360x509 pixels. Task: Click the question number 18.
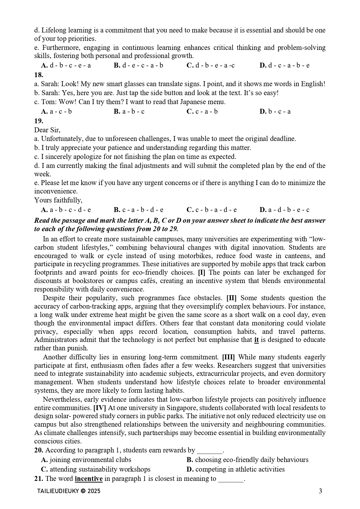click(39, 75)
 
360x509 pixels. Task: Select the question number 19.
click(39, 121)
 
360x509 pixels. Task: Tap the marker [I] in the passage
click(201, 273)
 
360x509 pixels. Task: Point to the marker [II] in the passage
click(231, 298)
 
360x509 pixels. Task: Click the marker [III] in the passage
click(228, 357)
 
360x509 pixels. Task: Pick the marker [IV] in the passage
click(100, 408)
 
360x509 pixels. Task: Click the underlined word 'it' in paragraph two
click(256, 340)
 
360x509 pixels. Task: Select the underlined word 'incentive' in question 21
click(88, 479)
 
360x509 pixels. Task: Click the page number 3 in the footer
click(320, 491)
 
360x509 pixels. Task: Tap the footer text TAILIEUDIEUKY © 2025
click(69, 491)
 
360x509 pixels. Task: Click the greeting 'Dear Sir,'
click(47, 130)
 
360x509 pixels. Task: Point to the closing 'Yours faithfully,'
click(58, 200)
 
